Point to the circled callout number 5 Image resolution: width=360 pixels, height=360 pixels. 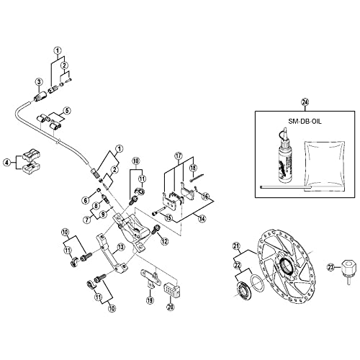[67, 111]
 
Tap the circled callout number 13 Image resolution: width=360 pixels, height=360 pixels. [121, 247]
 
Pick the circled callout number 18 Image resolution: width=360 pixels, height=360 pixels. [192, 166]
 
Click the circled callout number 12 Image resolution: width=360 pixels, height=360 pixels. [165, 240]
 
